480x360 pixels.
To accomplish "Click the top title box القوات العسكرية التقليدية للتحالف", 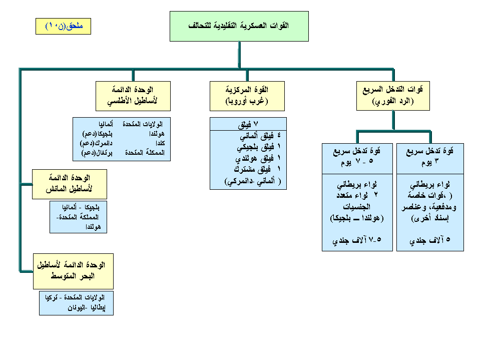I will (x=239, y=26).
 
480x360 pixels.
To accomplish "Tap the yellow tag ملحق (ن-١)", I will (x=63, y=26).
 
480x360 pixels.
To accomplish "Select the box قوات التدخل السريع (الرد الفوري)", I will (x=393, y=96).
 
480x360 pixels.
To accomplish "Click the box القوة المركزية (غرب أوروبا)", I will (x=247, y=96).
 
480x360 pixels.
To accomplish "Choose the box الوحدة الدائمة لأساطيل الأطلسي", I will (x=133, y=96).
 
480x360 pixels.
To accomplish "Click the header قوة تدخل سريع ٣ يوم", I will (x=430, y=158).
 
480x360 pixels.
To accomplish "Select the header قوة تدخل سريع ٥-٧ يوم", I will (x=357, y=158).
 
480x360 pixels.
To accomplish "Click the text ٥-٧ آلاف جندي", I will (x=357, y=241).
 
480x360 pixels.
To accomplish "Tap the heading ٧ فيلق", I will (x=248, y=124).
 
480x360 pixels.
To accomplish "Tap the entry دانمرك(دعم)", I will (x=95, y=144).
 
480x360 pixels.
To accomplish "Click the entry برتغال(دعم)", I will (x=95, y=153).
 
